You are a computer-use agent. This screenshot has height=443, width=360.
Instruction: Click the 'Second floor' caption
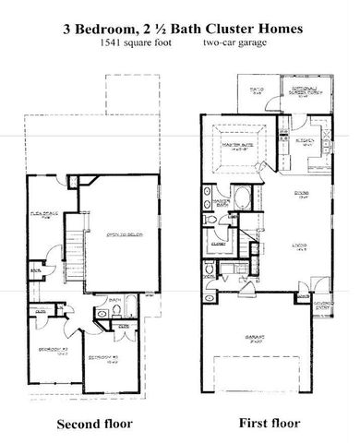click(95, 424)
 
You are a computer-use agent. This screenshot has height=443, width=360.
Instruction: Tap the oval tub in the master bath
click(243, 197)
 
